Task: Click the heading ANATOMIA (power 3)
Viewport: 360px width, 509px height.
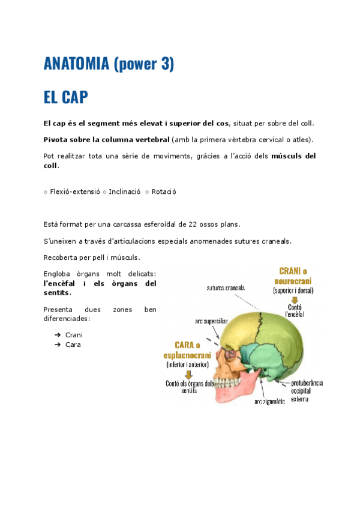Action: (x=109, y=63)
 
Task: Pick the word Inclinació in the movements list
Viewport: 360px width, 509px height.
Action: (x=124, y=192)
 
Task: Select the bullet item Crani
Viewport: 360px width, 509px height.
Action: (x=74, y=335)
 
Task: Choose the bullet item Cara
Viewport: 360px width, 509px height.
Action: (x=73, y=345)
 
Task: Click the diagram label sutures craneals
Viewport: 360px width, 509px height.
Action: (x=225, y=288)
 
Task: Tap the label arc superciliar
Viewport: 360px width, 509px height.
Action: (x=211, y=321)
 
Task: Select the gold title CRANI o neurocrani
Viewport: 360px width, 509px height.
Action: (x=293, y=276)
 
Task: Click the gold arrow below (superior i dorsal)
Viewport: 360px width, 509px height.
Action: (x=294, y=300)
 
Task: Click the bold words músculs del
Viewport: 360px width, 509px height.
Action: (x=293, y=156)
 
